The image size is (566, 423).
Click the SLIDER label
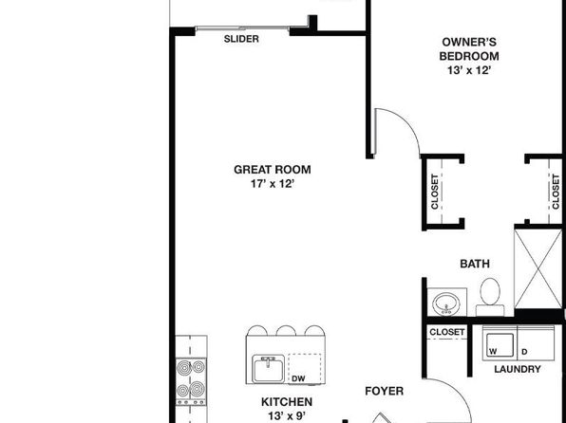241,39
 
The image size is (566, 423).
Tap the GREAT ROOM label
273,170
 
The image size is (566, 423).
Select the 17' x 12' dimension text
273,184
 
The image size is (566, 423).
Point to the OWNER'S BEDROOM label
469,49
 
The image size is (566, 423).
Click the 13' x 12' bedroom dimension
469,70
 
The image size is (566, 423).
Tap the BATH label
475,264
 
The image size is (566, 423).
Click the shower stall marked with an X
538,268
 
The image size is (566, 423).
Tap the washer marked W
500,343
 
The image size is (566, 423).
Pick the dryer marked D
536,343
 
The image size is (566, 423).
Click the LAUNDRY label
518,369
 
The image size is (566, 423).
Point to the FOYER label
384,392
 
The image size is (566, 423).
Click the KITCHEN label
287,402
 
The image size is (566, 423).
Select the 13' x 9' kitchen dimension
287,416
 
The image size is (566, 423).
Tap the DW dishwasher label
298,378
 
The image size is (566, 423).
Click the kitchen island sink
268,369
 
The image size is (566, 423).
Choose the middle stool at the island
286,330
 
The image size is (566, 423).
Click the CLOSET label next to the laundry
447,332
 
